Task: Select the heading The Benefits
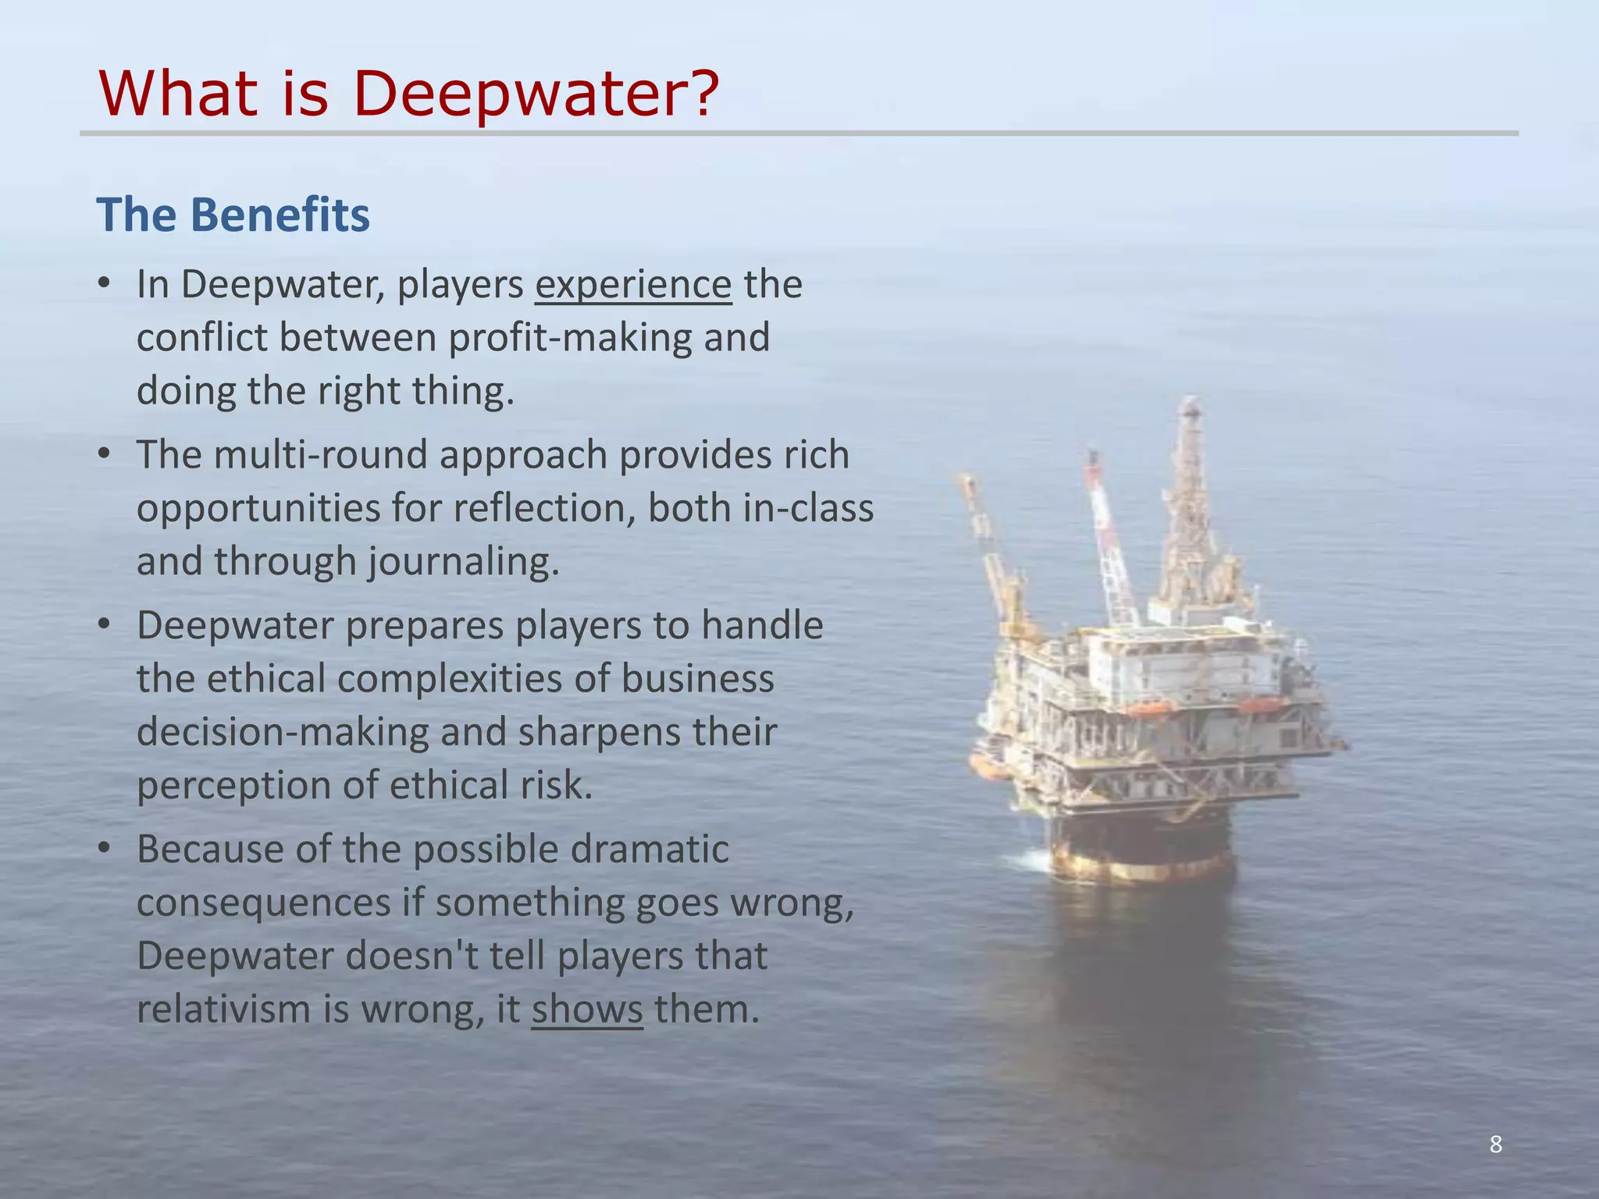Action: [x=233, y=215]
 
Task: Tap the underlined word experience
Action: [x=633, y=284]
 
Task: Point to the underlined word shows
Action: [x=587, y=1009]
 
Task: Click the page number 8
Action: [x=1495, y=1144]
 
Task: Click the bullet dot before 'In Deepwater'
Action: [x=105, y=284]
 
